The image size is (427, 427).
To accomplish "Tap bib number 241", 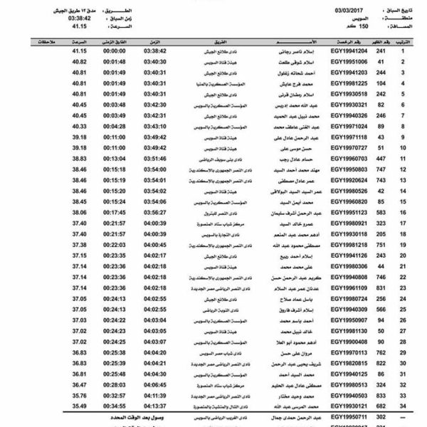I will coord(380,51).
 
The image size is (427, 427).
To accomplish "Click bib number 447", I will coord(380,159).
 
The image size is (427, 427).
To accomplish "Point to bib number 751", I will coord(380,244).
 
